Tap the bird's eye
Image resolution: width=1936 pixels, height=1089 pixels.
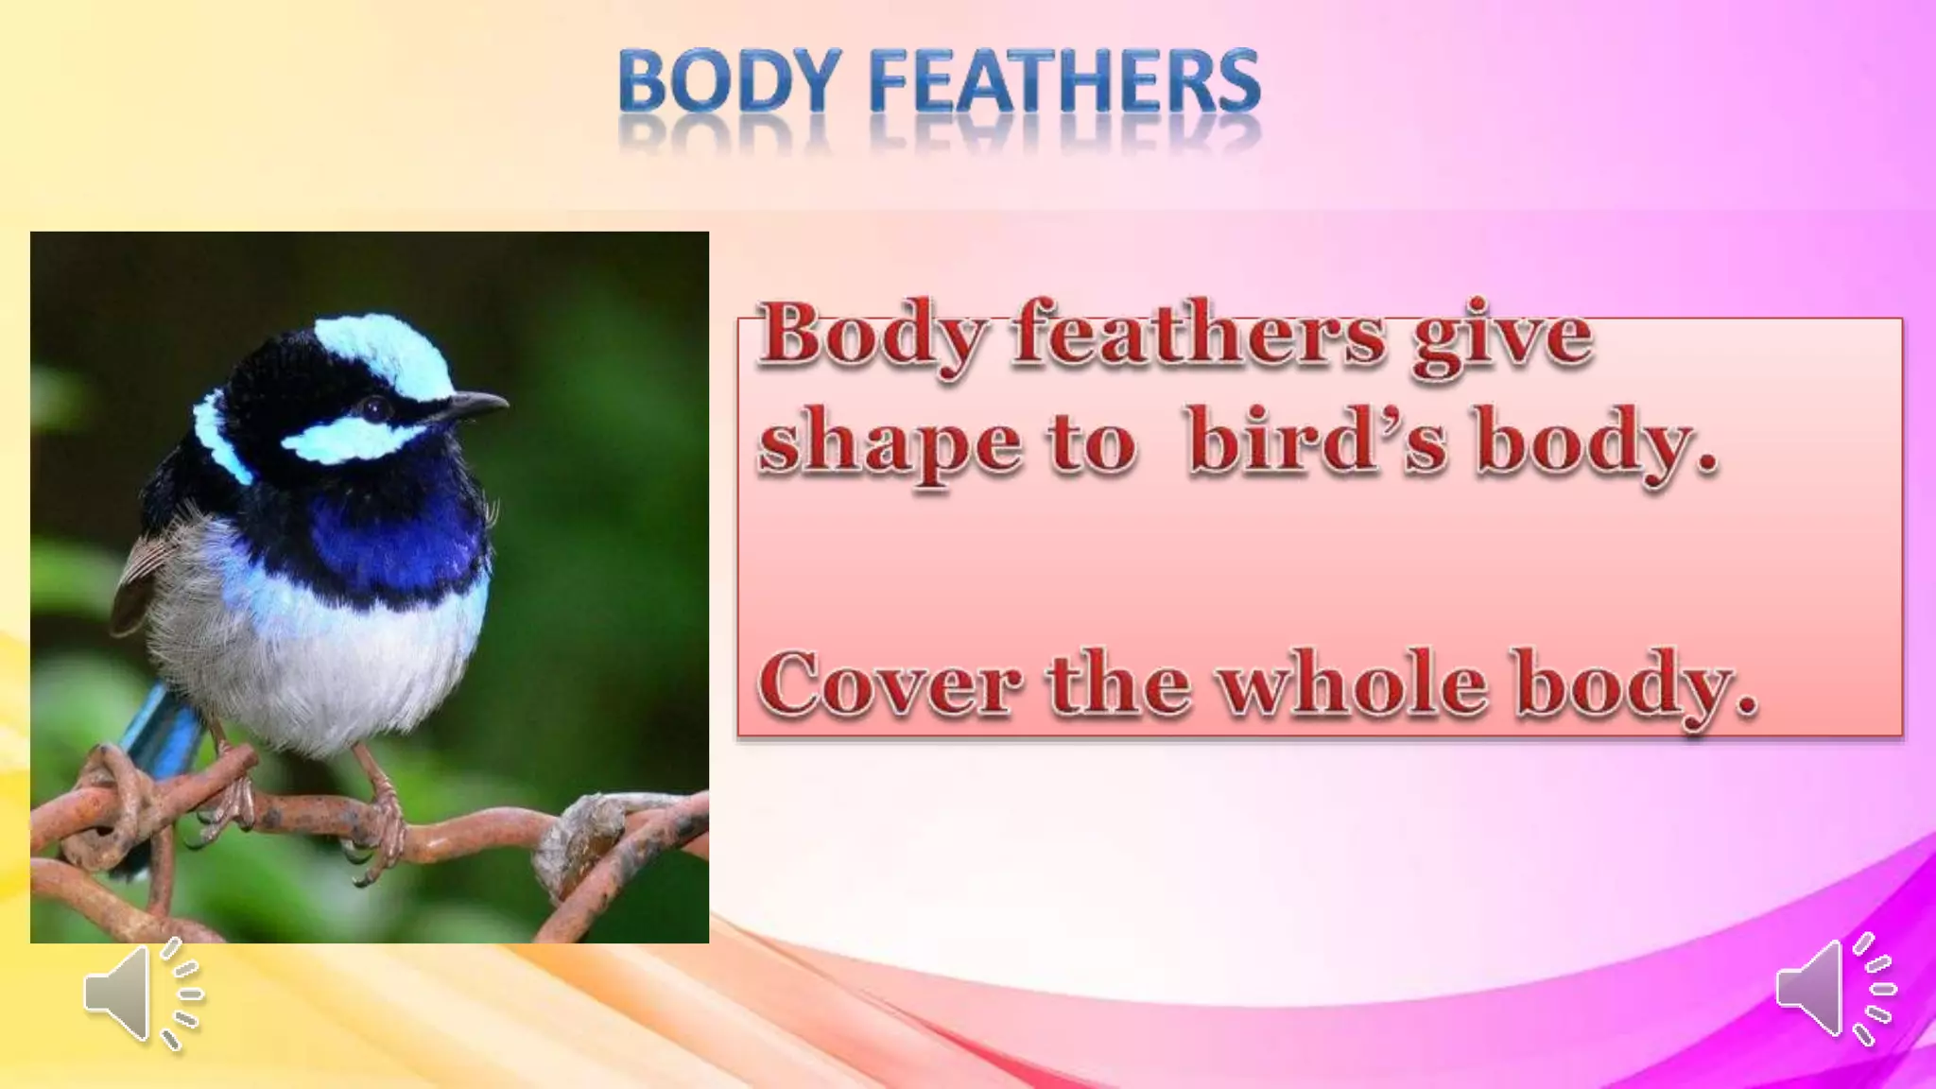click(376, 407)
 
